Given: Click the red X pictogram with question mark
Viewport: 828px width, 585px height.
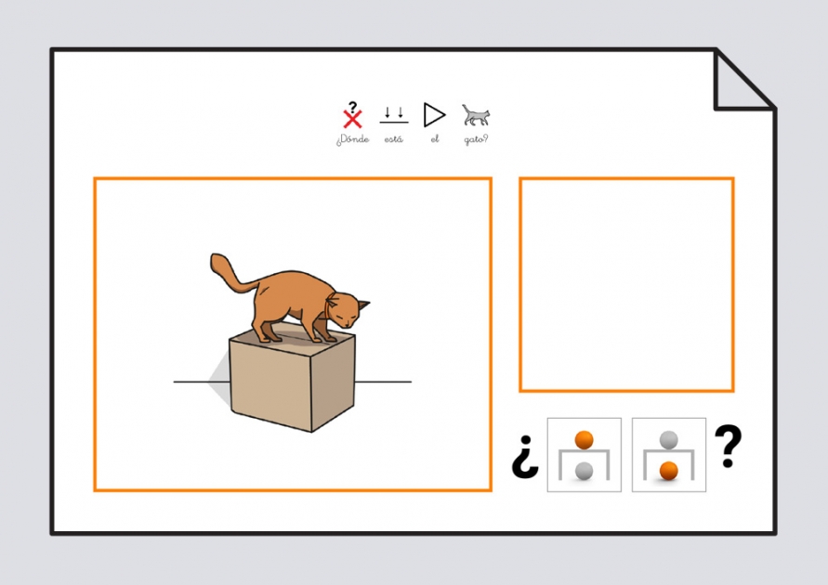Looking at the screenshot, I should (352, 116).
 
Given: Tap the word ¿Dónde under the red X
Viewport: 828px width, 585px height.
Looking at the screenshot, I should (352, 140).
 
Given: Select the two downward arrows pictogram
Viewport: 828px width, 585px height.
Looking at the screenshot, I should (394, 115).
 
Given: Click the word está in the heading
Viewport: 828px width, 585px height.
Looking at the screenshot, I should (394, 140).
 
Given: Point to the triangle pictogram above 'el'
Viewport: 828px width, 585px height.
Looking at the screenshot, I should (434, 114).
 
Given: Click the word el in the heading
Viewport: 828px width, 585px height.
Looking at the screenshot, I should (434, 140).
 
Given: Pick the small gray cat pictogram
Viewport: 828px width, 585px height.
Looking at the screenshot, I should (476, 115).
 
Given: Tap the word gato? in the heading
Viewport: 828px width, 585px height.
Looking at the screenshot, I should (476, 140).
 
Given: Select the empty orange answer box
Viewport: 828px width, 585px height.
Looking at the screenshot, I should (626, 284).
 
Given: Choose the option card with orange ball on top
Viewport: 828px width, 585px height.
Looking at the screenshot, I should (584, 455).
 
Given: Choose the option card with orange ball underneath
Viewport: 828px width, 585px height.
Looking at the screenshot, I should (668, 455).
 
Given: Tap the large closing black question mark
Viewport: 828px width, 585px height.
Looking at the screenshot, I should (729, 446).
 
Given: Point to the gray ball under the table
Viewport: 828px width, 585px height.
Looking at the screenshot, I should (584, 472).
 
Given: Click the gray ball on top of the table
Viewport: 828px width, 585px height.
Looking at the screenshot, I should (668, 439).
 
